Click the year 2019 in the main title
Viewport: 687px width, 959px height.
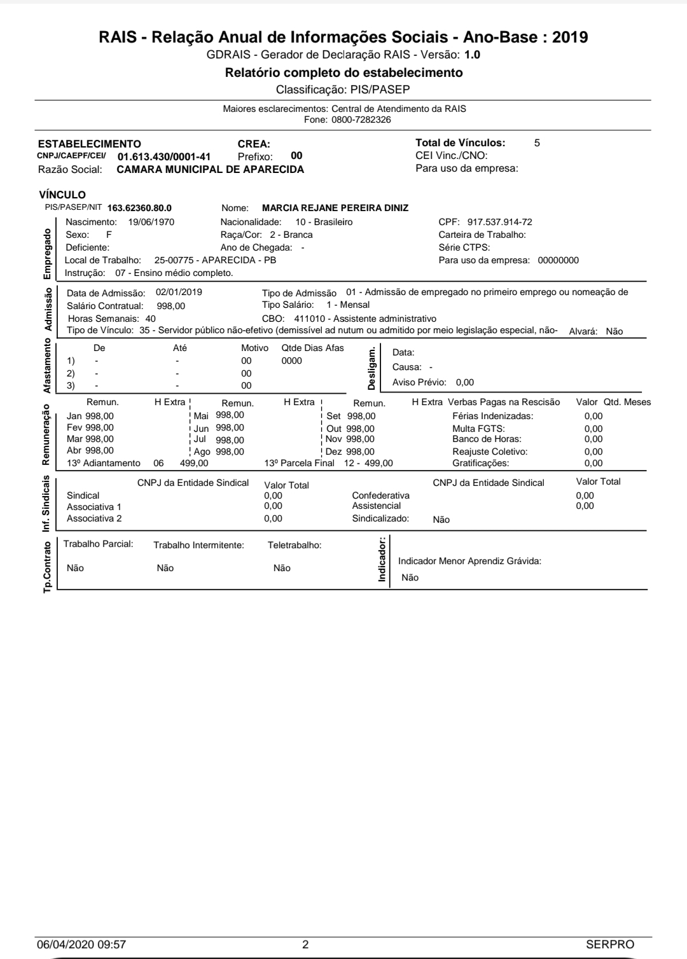pyautogui.click(x=570, y=38)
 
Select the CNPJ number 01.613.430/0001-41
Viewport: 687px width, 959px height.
pyautogui.click(x=164, y=156)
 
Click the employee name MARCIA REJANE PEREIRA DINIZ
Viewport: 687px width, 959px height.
pyautogui.click(x=335, y=208)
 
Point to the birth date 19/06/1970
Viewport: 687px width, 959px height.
pyautogui.click(x=151, y=222)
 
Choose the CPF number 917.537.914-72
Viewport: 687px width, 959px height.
pyautogui.click(x=500, y=222)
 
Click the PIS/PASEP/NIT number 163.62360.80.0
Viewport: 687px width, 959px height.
pyautogui.click(x=139, y=208)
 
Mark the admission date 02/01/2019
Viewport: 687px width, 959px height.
pyautogui.click(x=179, y=293)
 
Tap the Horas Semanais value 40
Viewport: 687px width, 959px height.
pyautogui.click(x=151, y=319)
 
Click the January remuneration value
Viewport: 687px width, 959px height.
pyautogui.click(x=99, y=416)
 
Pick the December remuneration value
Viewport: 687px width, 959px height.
pyautogui.click(x=360, y=452)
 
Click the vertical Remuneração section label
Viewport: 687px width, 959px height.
pyautogui.click(x=46, y=434)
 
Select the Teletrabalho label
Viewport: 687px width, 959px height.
pyautogui.click(x=295, y=545)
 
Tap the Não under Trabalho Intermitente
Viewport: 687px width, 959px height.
pyautogui.click(x=165, y=568)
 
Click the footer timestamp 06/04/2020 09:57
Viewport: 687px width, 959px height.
pyautogui.click(x=82, y=944)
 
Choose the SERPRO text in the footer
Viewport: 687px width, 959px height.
pyautogui.click(x=610, y=944)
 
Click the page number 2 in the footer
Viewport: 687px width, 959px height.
pyautogui.click(x=305, y=944)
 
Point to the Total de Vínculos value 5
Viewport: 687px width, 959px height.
pyautogui.click(x=537, y=143)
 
